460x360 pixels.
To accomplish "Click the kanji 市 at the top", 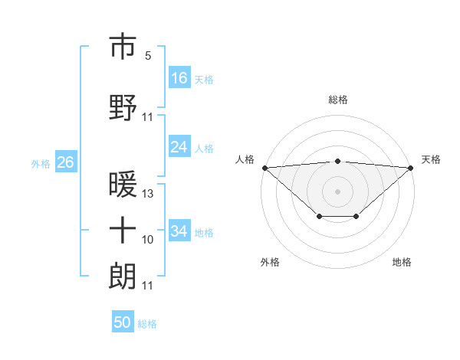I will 123,47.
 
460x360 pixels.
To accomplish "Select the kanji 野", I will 123,107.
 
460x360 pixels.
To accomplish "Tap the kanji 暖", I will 123,184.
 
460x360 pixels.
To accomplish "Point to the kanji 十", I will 123,230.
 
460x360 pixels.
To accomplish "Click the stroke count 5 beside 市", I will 148,56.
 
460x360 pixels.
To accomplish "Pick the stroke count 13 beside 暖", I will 148,194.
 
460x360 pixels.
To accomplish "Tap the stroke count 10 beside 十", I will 148,240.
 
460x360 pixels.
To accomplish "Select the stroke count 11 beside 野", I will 148,117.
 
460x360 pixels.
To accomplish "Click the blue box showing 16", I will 179,78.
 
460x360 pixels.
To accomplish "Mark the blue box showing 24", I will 179,147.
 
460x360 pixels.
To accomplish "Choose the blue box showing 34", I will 179,231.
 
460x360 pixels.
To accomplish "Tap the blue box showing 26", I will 66,162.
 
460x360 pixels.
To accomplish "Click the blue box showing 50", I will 123,322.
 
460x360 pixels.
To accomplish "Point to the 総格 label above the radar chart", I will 338,100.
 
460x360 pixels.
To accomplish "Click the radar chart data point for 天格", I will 412,167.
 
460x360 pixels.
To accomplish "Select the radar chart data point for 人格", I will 264,167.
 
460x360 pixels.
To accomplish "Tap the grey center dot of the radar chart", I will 338,191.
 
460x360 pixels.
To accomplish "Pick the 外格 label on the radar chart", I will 270,262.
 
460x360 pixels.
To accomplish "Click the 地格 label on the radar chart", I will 402,262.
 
